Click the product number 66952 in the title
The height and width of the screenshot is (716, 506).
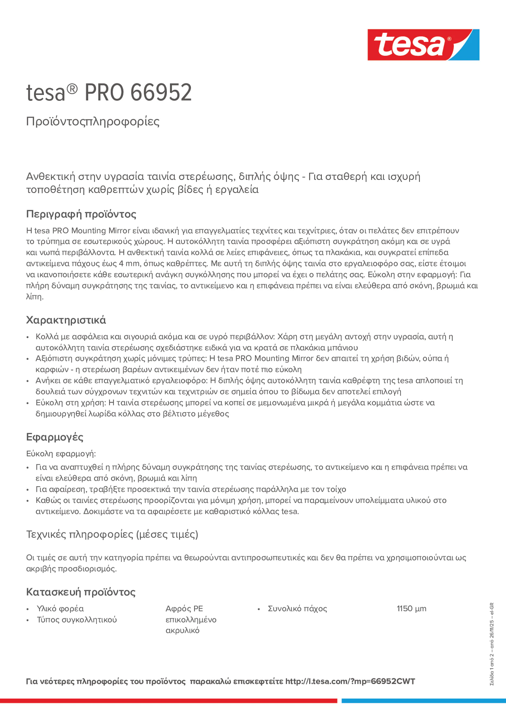pyautogui.click(x=161, y=93)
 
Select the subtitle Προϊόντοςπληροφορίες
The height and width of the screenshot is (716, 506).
pyautogui.click(x=93, y=121)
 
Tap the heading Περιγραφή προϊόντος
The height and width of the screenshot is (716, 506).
pyautogui.click(x=81, y=214)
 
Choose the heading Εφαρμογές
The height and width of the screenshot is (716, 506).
pyautogui.click(x=55, y=437)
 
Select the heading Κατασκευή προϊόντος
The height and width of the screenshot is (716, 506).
pyautogui.click(x=81, y=592)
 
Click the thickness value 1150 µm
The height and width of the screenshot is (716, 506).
pyautogui.click(x=411, y=609)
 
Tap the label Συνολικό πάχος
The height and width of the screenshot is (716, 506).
pyautogui.click(x=297, y=609)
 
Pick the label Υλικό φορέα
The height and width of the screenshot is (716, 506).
pyautogui.click(x=60, y=609)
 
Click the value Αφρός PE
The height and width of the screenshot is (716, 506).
pyautogui.click(x=184, y=609)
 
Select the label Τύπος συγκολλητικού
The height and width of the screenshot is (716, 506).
pyautogui.click(x=77, y=620)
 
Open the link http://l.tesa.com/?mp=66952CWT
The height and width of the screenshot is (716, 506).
pyautogui.click(x=350, y=681)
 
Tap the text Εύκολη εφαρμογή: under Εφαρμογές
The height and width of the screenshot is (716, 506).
pyautogui.click(x=61, y=454)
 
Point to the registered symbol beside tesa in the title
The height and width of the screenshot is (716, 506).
pyautogui.click(x=72, y=89)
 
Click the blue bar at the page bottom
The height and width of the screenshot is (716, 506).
pyautogui.click(x=423, y=701)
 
